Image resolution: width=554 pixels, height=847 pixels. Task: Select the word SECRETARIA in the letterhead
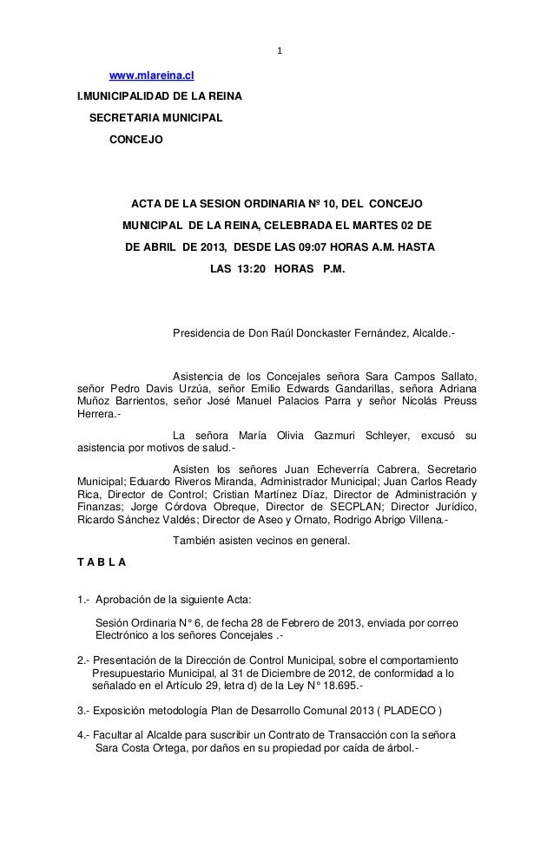click(x=125, y=116)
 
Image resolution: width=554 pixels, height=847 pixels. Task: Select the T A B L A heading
click(x=102, y=562)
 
